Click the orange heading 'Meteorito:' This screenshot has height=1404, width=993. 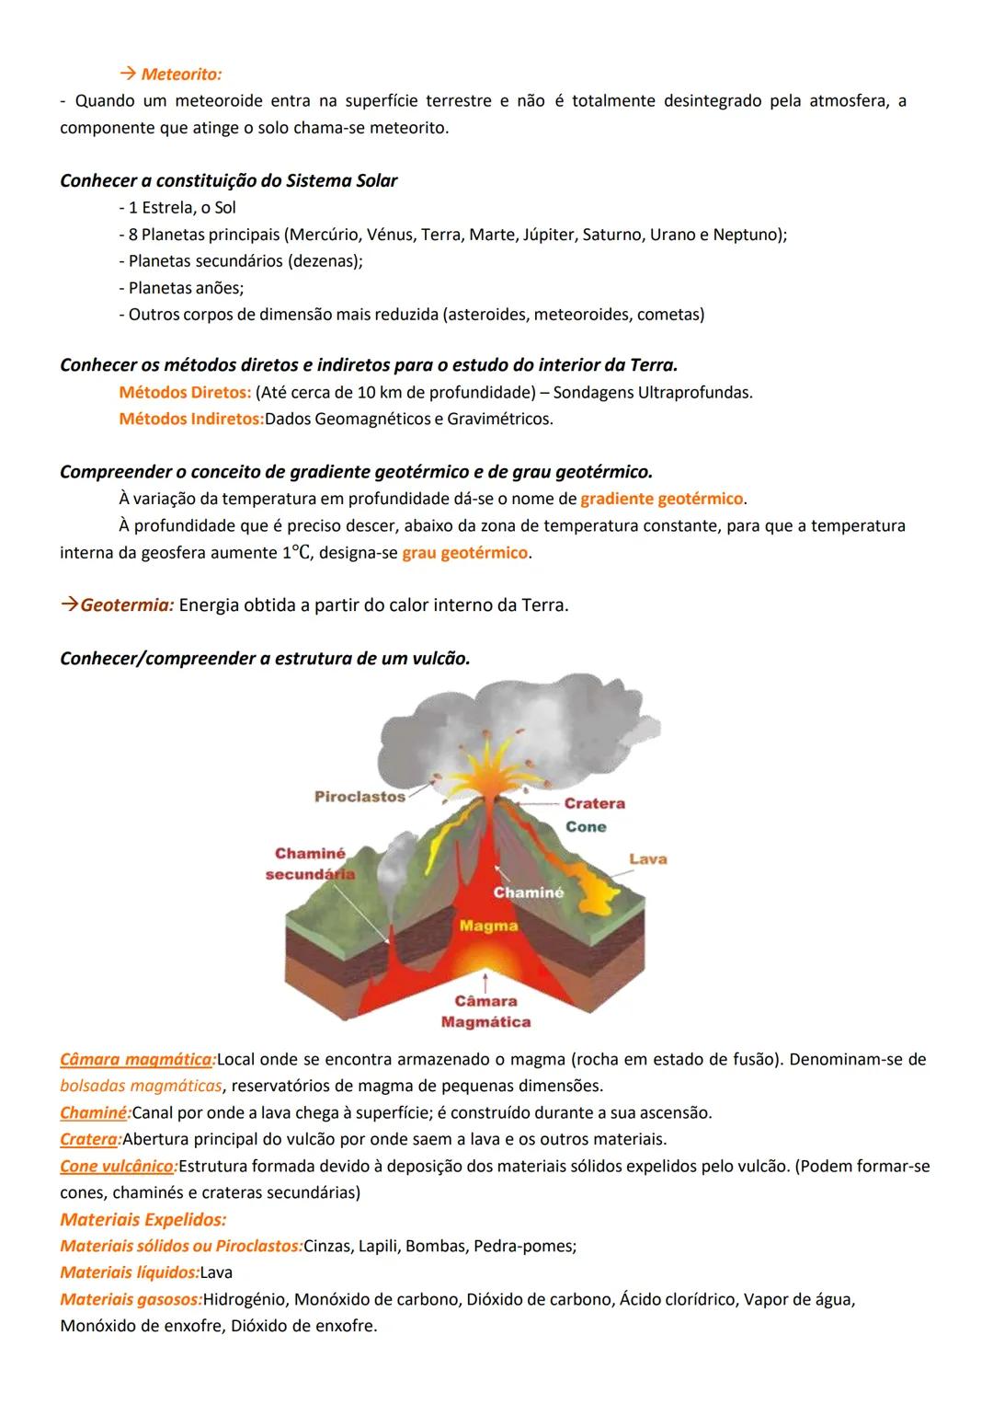click(181, 74)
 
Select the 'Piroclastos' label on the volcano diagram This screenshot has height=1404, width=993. click(360, 796)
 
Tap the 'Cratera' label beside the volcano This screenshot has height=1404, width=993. click(594, 803)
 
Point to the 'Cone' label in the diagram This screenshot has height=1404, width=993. click(586, 826)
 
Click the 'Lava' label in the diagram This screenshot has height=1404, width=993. click(648, 858)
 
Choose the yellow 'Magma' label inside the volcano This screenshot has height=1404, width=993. click(488, 926)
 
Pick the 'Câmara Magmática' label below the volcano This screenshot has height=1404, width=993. click(485, 1011)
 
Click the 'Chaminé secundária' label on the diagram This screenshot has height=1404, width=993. click(310, 863)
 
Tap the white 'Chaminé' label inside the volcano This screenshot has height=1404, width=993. click(528, 892)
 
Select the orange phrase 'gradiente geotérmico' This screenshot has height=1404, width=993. click(661, 499)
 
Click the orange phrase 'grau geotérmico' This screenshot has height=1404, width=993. click(464, 553)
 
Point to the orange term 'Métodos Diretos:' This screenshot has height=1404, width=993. click(185, 393)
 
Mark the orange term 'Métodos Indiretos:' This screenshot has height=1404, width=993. click(190, 420)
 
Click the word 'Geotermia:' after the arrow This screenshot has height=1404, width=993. click(127, 605)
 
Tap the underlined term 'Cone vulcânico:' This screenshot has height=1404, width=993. click(119, 1167)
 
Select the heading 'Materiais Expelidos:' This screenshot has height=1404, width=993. click(143, 1220)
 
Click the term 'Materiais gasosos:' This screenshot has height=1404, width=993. click(131, 1300)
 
